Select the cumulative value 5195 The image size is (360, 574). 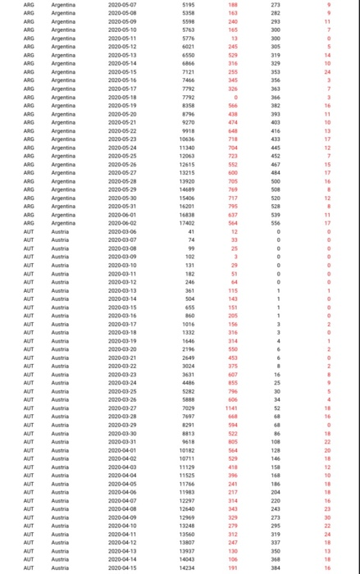click(189, 5)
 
